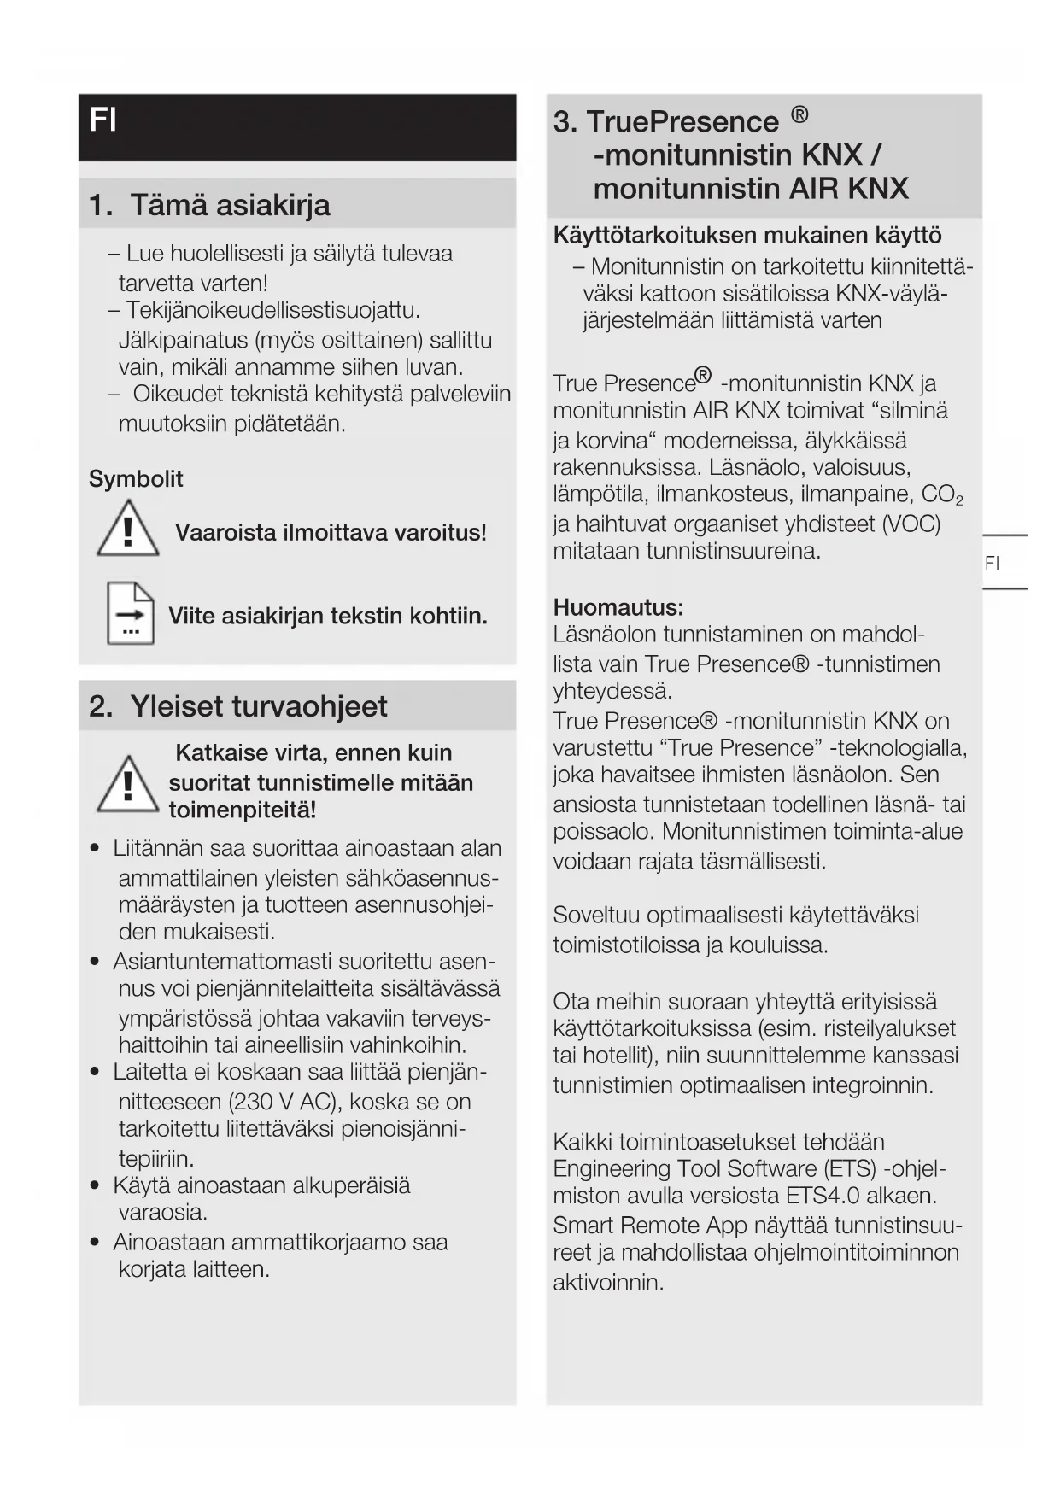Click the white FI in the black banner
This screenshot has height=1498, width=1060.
pos(102,120)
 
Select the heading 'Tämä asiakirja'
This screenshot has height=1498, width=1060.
pos(230,205)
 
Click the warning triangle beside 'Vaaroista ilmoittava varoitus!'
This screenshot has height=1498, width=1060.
pos(128,530)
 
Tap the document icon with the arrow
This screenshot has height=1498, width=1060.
pos(130,613)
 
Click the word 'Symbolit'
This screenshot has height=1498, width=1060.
pos(136,479)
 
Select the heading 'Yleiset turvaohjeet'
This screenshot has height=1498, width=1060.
pos(258,706)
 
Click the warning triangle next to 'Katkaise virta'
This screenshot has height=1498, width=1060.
pos(128,784)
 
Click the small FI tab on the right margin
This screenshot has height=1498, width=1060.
pos(992,563)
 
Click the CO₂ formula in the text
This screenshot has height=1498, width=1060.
pos(941,495)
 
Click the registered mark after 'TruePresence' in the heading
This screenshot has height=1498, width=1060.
pos(799,114)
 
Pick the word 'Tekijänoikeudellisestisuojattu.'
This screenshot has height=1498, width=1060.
pos(272,310)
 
